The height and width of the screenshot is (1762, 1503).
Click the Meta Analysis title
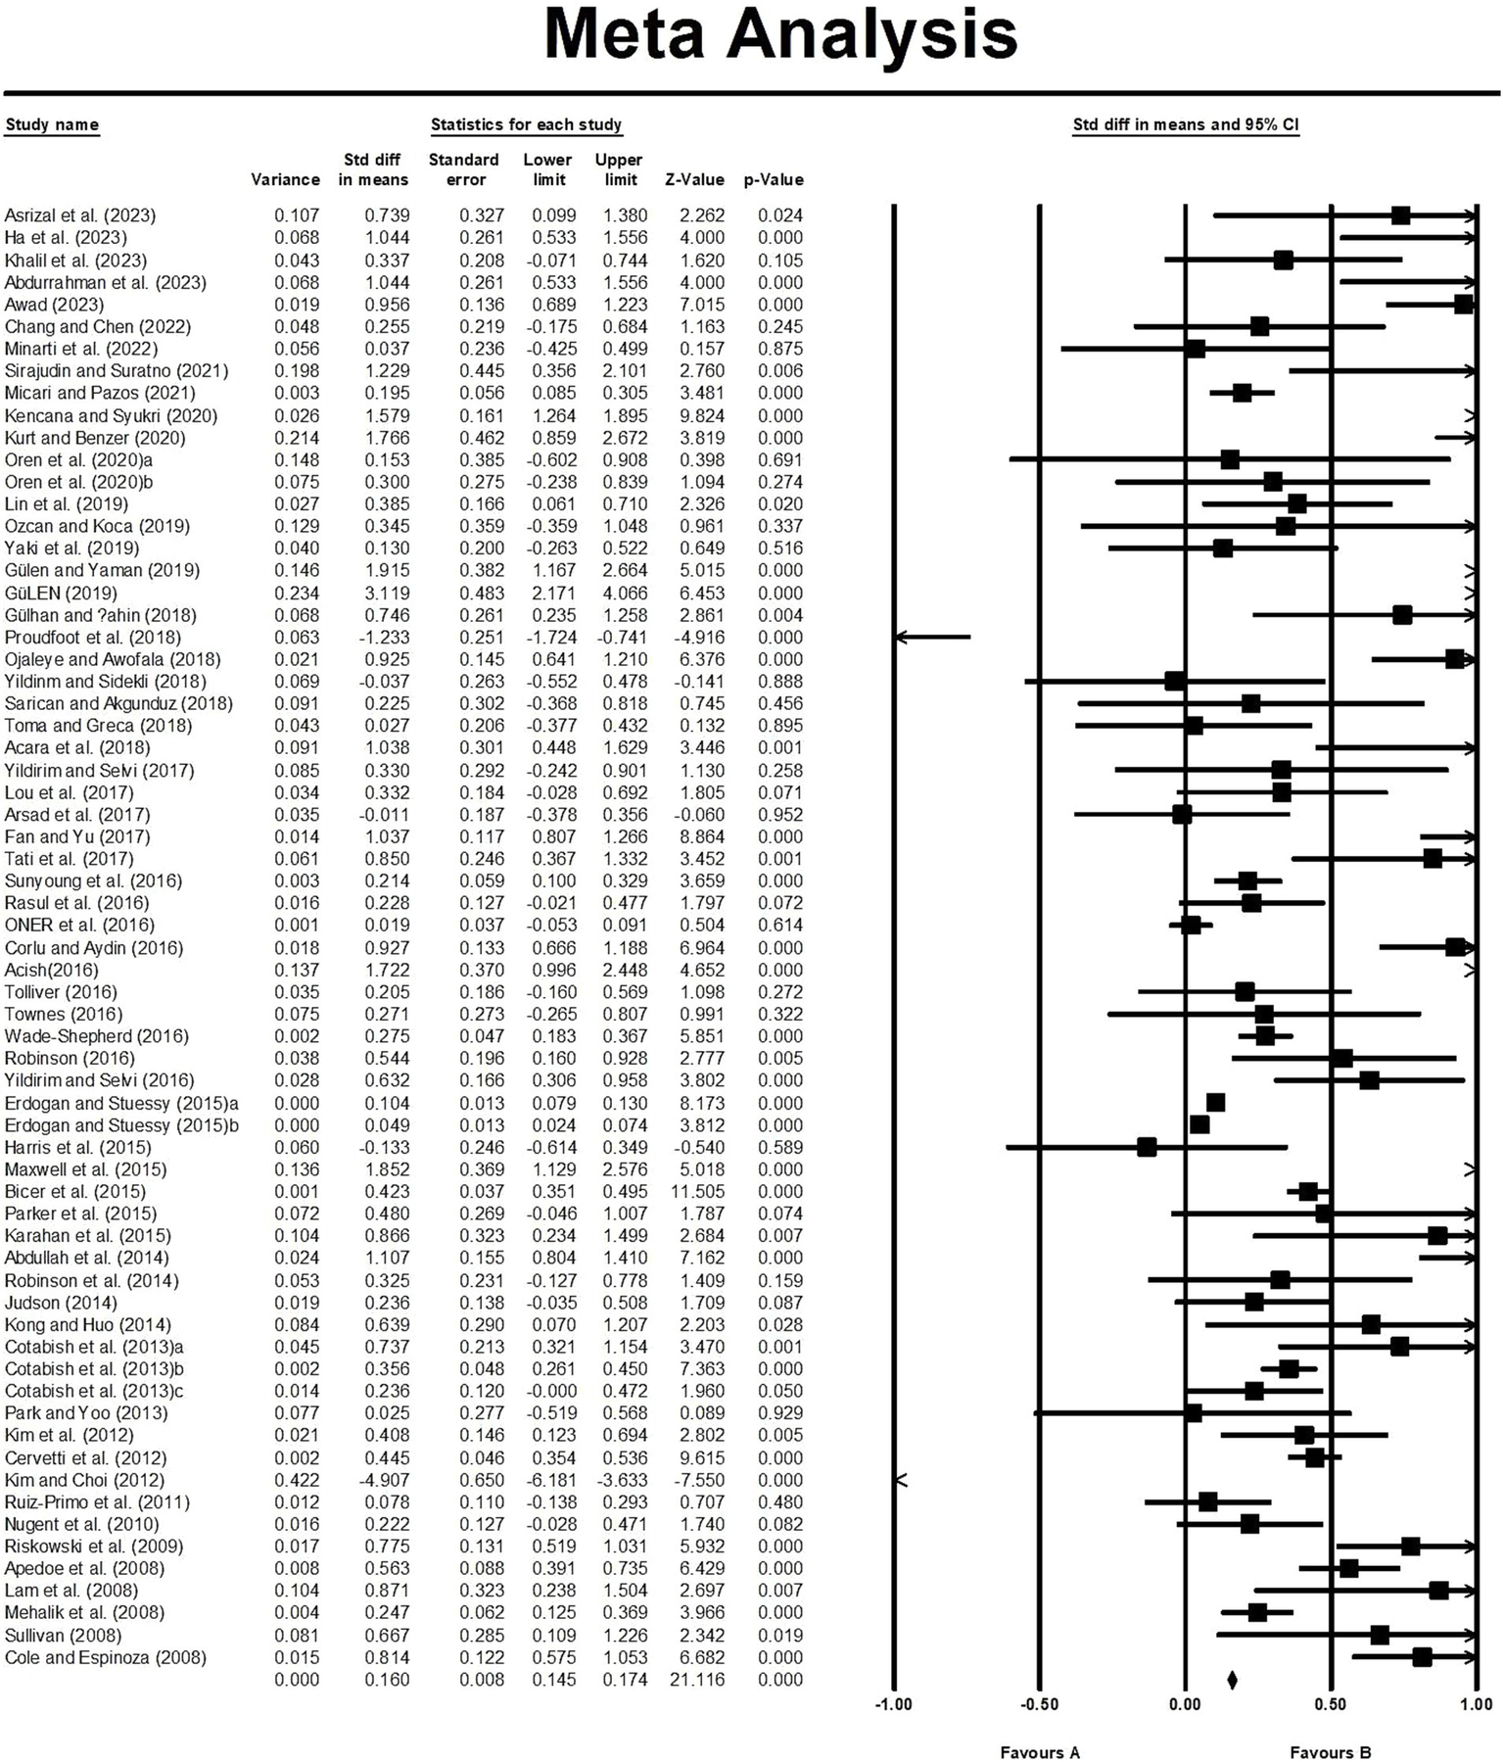click(780, 37)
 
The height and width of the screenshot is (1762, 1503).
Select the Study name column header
click(52, 124)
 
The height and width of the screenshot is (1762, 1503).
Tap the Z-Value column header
click(694, 180)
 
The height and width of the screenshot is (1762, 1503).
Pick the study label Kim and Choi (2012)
click(84, 1480)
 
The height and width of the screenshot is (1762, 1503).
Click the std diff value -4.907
click(373, 1480)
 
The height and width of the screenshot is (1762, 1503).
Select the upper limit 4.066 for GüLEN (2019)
click(621, 594)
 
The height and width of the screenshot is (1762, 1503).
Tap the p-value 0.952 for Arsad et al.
click(779, 815)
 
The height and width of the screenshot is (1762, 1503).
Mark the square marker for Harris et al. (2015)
click(1147, 1147)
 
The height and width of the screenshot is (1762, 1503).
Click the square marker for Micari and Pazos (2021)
click(1242, 393)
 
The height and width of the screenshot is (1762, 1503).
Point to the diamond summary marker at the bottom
click(1232, 1680)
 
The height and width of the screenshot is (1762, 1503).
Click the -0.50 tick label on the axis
click(1039, 1705)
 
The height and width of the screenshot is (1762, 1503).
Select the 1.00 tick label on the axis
click(1476, 1705)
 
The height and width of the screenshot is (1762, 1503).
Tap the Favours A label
click(1039, 1753)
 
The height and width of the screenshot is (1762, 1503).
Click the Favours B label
click(1330, 1753)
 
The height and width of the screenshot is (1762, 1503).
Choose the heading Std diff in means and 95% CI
click(1186, 124)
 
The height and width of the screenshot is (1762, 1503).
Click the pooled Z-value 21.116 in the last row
click(694, 1680)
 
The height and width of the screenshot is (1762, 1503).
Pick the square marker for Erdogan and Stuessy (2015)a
click(1215, 1103)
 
